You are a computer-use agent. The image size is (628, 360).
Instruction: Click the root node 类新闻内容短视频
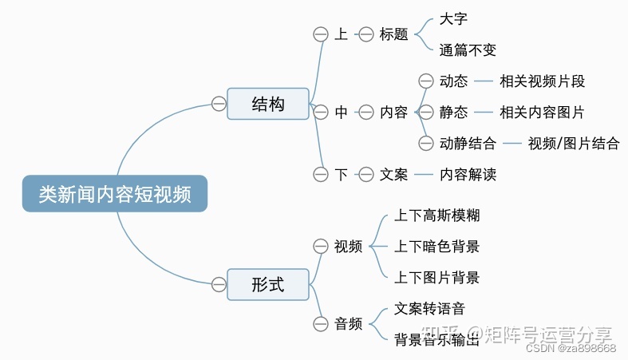(x=114, y=194)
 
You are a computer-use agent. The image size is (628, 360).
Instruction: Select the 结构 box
(x=267, y=104)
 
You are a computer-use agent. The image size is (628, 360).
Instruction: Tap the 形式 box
(x=267, y=284)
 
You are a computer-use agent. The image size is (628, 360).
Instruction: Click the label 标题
(x=393, y=34)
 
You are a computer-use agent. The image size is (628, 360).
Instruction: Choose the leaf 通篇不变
(x=468, y=50)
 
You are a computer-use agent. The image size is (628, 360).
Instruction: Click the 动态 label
(x=453, y=81)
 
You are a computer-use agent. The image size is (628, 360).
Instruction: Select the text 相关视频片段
(x=543, y=81)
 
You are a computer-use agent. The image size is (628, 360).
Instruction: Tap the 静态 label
(x=453, y=112)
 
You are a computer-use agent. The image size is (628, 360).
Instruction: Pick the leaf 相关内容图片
(x=542, y=112)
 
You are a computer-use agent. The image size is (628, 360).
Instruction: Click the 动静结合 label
(x=468, y=143)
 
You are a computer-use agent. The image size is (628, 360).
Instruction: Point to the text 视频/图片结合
(x=573, y=143)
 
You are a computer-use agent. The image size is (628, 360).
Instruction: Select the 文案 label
(x=393, y=174)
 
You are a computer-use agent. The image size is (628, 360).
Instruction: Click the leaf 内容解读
(x=468, y=174)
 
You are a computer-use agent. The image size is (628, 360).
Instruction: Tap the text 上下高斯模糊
(x=437, y=216)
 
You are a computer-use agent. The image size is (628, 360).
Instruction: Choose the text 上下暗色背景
(x=437, y=247)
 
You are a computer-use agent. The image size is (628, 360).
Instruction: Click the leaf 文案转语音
(x=430, y=308)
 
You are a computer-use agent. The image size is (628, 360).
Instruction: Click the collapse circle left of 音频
(x=321, y=323)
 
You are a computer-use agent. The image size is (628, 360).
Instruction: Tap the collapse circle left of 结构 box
(x=219, y=104)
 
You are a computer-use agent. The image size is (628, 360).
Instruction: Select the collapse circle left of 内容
(x=365, y=113)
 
